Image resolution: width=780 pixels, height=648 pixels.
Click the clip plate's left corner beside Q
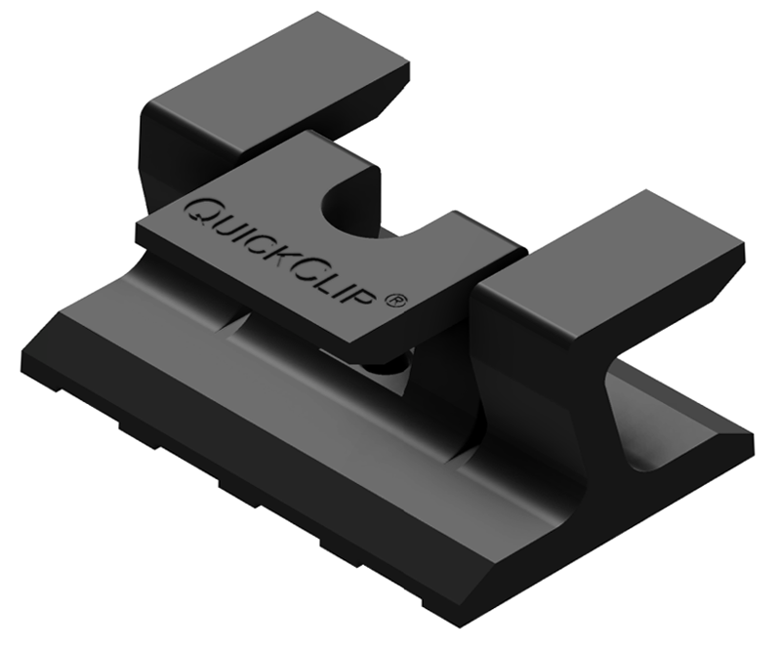tap(139, 226)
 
